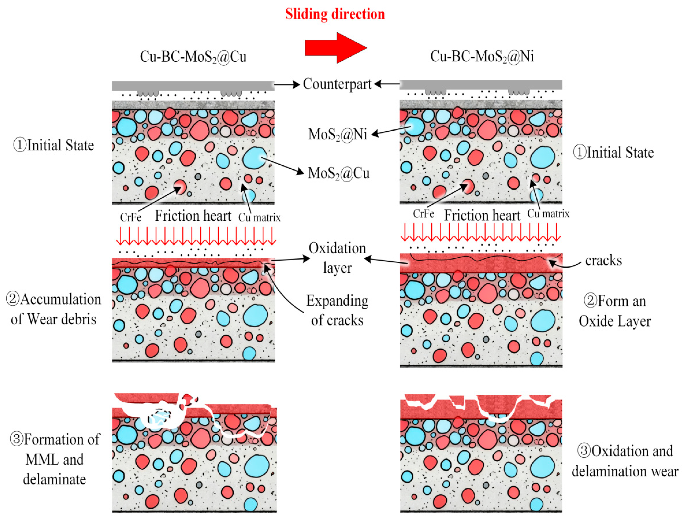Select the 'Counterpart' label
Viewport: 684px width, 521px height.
[337, 84]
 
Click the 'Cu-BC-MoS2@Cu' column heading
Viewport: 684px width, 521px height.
[193, 57]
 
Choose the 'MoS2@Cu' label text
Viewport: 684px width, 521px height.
[339, 173]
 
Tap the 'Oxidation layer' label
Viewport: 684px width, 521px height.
[337, 258]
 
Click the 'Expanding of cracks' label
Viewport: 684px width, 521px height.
[337, 310]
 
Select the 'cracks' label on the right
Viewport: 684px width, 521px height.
[603, 260]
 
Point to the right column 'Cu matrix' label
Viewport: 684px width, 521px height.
[548, 214]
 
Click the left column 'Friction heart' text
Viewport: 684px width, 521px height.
[193, 216]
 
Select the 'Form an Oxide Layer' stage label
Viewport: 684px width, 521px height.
[615, 311]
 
